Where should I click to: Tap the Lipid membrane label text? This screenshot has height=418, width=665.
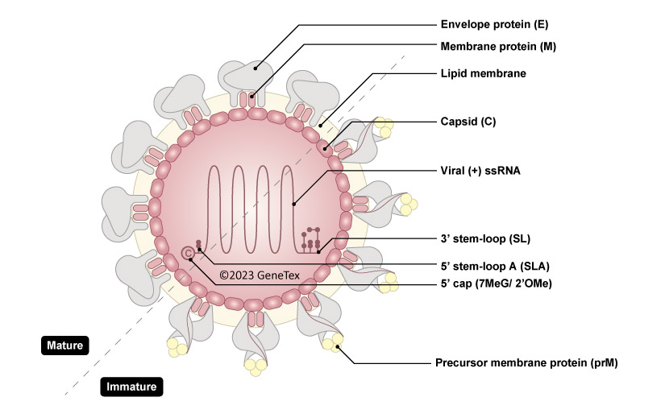tap(483, 73)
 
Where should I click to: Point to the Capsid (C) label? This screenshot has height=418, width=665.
tap(468, 122)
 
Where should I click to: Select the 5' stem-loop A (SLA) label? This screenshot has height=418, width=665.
tap(495, 265)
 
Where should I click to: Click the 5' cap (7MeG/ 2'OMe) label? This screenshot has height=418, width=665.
tap(499, 283)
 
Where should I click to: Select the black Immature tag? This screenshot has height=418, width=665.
tap(132, 387)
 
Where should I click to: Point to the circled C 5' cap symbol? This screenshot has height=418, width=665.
tap(189, 253)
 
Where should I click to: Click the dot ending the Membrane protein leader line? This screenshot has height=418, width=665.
tap(252, 98)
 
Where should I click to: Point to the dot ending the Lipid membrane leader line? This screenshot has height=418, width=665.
tap(320, 125)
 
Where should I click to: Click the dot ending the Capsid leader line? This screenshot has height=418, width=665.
tap(326, 147)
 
